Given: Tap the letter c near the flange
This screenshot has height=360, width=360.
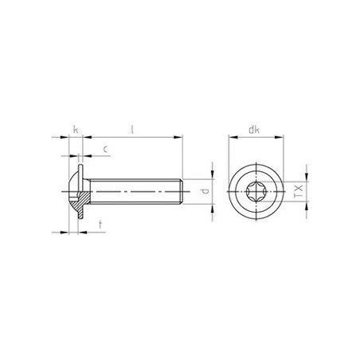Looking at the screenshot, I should click(106, 148).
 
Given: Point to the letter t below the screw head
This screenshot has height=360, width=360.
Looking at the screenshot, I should click(99, 225).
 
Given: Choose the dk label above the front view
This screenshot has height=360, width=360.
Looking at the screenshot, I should click(256, 129).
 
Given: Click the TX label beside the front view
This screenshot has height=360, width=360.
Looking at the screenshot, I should click(298, 192).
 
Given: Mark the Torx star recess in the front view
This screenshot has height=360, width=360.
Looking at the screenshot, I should click(256, 192).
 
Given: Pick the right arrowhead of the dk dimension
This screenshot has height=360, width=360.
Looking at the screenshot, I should click(280, 138).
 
